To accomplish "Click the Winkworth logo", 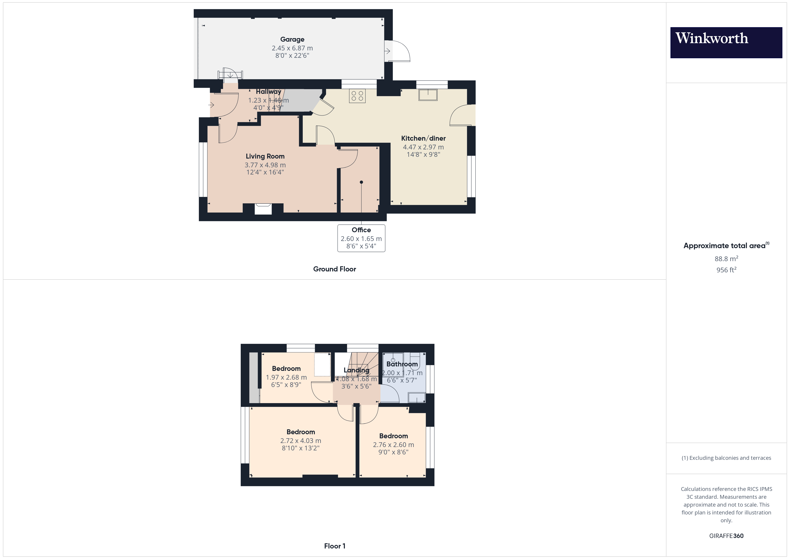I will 726,42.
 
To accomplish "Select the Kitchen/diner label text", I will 423,138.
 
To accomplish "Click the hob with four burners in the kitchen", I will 357,96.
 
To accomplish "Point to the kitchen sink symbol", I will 428,95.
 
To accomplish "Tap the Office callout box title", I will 361,230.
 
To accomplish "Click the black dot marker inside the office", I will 361,182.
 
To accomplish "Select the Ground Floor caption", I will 335,269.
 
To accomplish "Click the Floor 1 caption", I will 335,546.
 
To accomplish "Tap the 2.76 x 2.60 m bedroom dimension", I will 393,445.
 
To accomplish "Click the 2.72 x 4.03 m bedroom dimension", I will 300,441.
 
